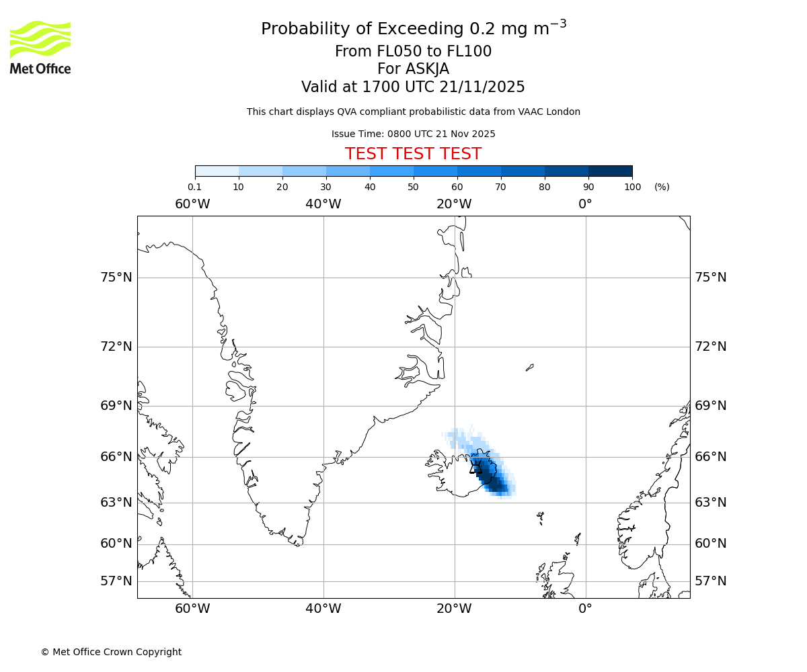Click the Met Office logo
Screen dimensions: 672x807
pos(40,47)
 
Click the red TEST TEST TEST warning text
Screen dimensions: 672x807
pos(413,154)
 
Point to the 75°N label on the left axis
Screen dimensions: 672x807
pos(116,278)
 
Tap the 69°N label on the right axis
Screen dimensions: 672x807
pos(711,406)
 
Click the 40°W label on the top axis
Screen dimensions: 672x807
pos(323,204)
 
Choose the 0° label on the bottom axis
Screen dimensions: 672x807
pos(585,609)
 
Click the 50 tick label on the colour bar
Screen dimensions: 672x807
pos(414,187)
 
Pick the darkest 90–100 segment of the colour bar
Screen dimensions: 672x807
pos(610,171)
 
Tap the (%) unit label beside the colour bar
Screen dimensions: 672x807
pos(662,187)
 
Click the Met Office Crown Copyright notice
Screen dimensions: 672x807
pos(111,652)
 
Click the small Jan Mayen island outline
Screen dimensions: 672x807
pos(530,367)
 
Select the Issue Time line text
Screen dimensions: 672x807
pos(413,134)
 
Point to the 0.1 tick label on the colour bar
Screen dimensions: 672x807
pos(195,187)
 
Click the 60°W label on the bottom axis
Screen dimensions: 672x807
pos(192,609)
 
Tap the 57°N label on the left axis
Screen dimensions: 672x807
pos(116,581)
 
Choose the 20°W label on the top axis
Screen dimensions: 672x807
pos(454,204)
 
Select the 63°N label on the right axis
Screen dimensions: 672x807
pos(711,503)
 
